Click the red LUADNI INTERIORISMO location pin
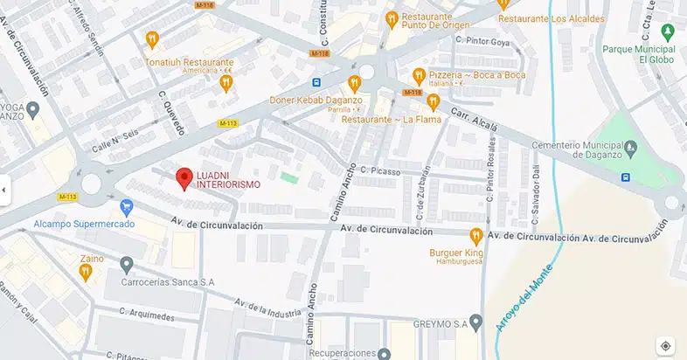pos(184,178)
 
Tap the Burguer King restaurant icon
pos(476,235)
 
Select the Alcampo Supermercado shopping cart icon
pos(126,207)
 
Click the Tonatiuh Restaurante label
pos(190,63)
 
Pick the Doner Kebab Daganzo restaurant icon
pos(354,84)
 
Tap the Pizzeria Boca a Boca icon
pos(420,75)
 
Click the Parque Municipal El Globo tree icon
pos(668,32)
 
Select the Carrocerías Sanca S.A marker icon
pos(126,264)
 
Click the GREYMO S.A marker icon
pos(475,322)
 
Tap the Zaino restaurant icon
pos(86,272)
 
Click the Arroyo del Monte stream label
pos(524,296)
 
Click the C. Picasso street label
pos(379,172)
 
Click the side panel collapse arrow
pos(4,189)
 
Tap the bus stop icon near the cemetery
pos(626,177)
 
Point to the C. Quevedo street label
pos(172,113)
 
